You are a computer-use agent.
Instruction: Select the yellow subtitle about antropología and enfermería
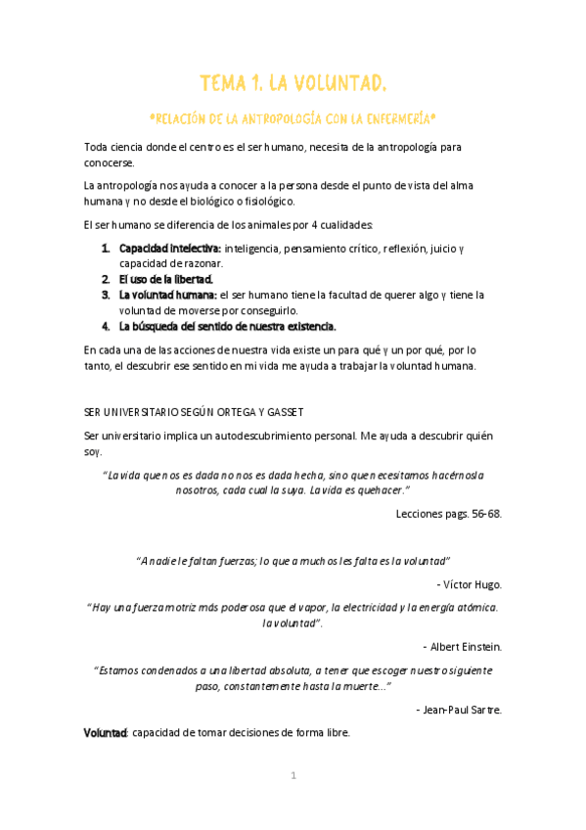[x=293, y=118]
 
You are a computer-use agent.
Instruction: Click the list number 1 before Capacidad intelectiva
[x=106, y=249]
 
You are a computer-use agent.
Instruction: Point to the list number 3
[x=106, y=295]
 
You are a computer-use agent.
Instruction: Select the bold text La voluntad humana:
[x=168, y=295]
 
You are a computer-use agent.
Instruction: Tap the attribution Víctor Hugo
[x=473, y=584]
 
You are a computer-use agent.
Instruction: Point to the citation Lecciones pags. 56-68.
[x=449, y=513]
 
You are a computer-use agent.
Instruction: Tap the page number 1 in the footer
[x=293, y=776]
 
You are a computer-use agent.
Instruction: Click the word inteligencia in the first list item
[x=252, y=249]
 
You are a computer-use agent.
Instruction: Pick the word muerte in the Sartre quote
[x=361, y=686]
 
